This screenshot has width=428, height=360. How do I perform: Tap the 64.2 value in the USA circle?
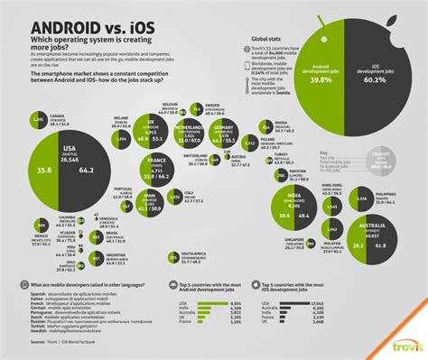[x=88, y=167]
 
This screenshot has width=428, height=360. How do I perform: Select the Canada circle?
[x=37, y=120]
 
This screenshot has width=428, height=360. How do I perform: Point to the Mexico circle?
[x=39, y=226]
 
